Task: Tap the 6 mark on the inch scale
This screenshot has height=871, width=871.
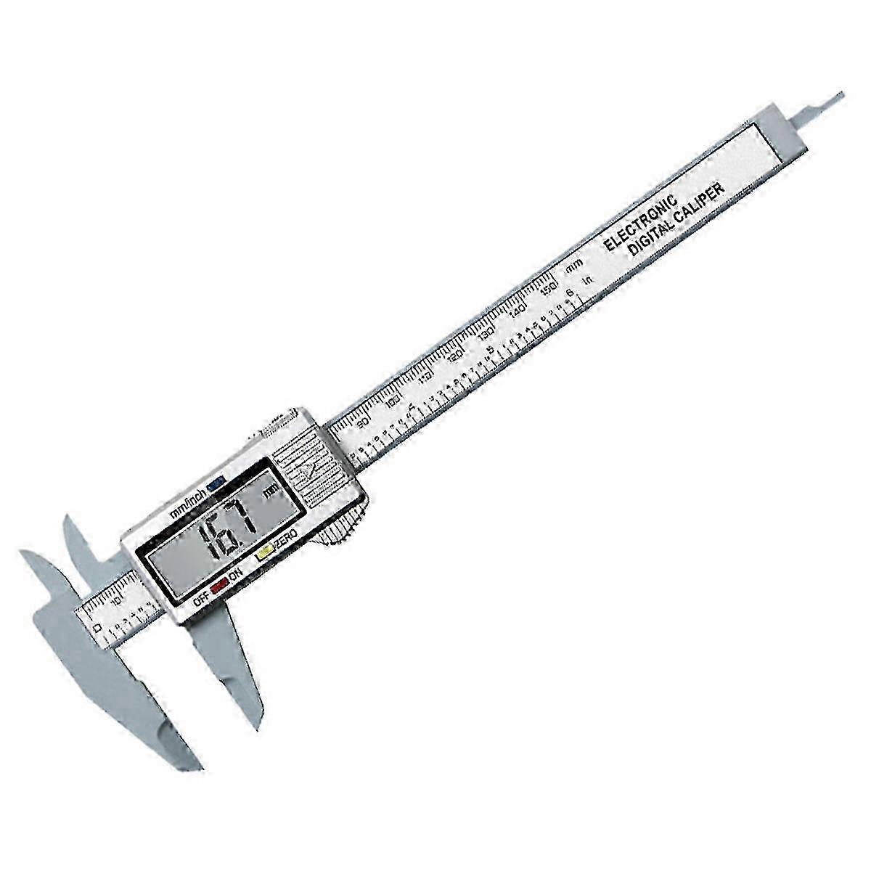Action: [x=571, y=292]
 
